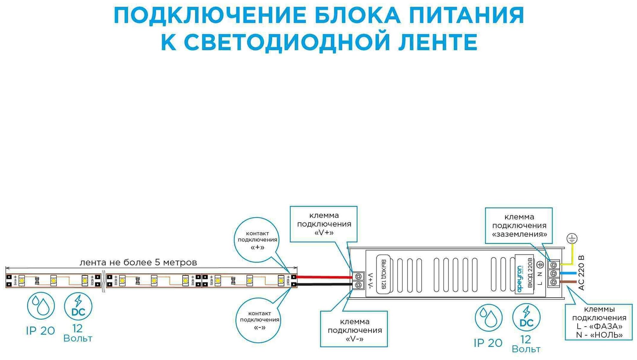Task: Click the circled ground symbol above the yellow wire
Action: [572, 239]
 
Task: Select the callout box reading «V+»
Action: [324, 224]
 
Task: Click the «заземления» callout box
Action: [519, 226]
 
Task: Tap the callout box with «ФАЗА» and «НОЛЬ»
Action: [599, 322]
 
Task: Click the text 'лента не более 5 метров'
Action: [138, 263]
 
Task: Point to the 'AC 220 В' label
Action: [581, 273]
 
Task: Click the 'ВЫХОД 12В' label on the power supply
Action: [383, 274]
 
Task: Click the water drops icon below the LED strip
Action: [41, 306]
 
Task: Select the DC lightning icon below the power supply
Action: [526, 317]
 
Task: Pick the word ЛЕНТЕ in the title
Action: [438, 42]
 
